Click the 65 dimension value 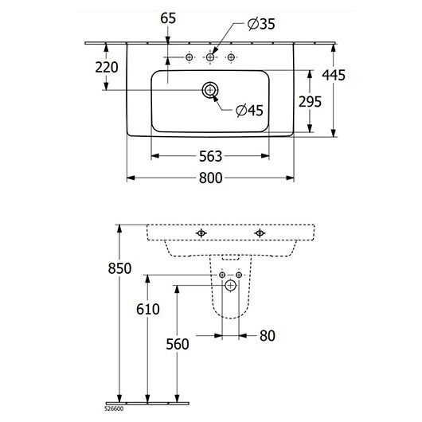pos(168,18)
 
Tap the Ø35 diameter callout pos(261,24)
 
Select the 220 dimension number pos(107,68)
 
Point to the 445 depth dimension pos(334,75)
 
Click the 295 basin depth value pos(310,102)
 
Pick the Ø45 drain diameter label pos(249,111)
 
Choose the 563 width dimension pos(211,156)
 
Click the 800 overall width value pos(211,178)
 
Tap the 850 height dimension pos(119,268)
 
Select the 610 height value pos(148,309)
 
